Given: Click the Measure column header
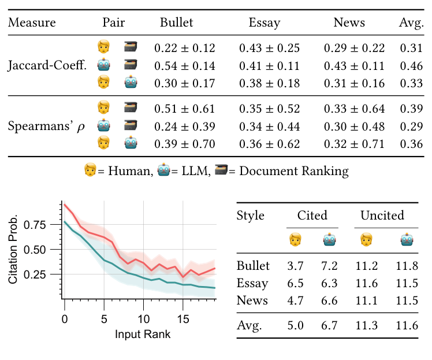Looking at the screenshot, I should click(32, 23).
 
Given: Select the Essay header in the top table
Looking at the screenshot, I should click(264, 23).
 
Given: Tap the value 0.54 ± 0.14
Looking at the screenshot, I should click(184, 65).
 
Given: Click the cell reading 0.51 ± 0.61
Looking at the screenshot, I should click(184, 109).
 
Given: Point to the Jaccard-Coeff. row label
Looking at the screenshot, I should click(47, 65).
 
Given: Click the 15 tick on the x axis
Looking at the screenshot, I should click(183, 318).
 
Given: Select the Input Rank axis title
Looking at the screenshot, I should click(143, 333).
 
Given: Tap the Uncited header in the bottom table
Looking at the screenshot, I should click(382, 216).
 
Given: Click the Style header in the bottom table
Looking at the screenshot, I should click(251, 216).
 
